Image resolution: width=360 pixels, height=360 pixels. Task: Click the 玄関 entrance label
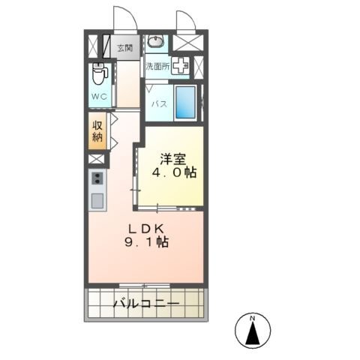125,48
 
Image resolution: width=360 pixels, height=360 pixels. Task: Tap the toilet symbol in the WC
100,73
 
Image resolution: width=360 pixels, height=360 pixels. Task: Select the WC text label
99,97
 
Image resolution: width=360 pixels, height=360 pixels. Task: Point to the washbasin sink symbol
155,41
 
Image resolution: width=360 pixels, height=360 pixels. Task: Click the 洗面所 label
157,67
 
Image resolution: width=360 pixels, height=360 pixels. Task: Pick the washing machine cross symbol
180,65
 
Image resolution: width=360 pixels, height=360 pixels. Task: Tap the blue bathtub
185,102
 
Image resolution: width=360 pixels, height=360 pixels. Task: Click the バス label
160,103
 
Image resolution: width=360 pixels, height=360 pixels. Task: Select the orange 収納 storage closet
97,131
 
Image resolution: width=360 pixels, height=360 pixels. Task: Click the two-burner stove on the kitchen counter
97,178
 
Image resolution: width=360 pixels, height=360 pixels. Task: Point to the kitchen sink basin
97,201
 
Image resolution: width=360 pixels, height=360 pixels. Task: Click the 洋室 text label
173,160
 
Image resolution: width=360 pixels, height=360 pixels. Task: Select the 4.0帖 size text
174,172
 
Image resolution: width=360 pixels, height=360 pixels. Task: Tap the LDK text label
146,229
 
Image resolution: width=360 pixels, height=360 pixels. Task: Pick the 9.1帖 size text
146,241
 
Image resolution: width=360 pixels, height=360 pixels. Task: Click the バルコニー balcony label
146,304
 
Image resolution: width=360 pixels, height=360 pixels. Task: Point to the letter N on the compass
253,319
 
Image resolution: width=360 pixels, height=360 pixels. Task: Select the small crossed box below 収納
96,159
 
